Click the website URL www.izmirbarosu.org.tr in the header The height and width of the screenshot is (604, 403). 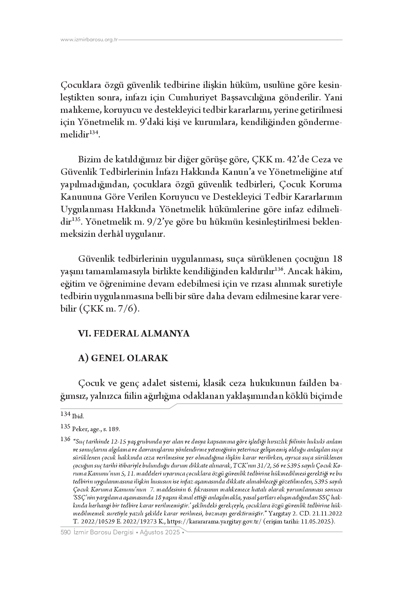click(89, 40)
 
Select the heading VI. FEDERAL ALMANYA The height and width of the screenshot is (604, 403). click(134, 334)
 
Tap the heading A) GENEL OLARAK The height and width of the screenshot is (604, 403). click(123, 358)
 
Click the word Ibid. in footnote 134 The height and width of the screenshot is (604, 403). click(78, 416)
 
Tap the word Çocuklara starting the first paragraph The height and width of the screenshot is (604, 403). click(80, 86)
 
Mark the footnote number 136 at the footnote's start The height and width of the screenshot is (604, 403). click(65, 439)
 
